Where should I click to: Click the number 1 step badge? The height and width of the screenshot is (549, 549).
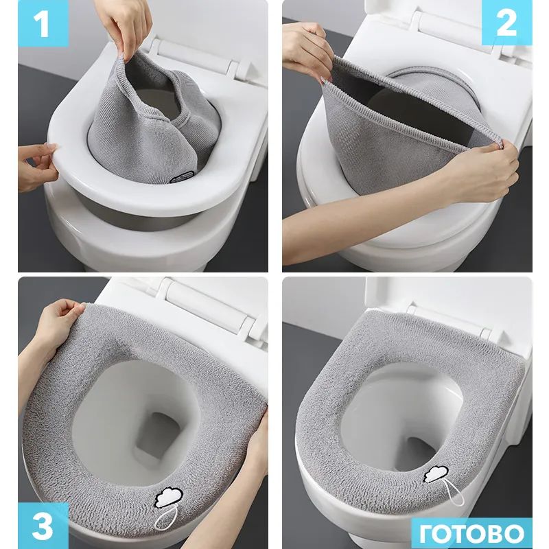(x=43, y=23)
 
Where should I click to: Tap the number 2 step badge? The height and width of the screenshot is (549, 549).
(x=506, y=23)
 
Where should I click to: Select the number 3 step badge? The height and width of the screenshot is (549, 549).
(x=43, y=526)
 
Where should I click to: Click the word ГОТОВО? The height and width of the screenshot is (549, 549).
(x=471, y=534)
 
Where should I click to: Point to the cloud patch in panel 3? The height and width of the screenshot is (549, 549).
(x=168, y=498)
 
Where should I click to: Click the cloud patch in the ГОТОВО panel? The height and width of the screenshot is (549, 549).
(x=436, y=474)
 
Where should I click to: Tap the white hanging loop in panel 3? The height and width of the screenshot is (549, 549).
(x=166, y=519)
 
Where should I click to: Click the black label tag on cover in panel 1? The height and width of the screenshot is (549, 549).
(x=181, y=177)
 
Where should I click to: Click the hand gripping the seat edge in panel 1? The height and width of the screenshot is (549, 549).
(x=37, y=166)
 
